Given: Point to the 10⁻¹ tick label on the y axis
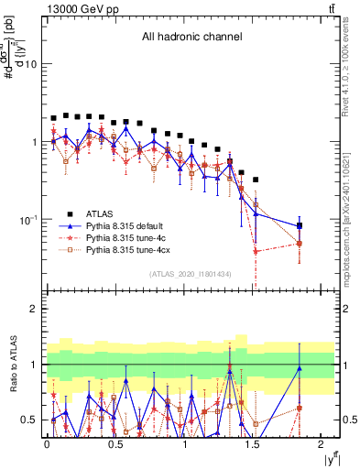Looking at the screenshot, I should (x=28, y=219).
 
